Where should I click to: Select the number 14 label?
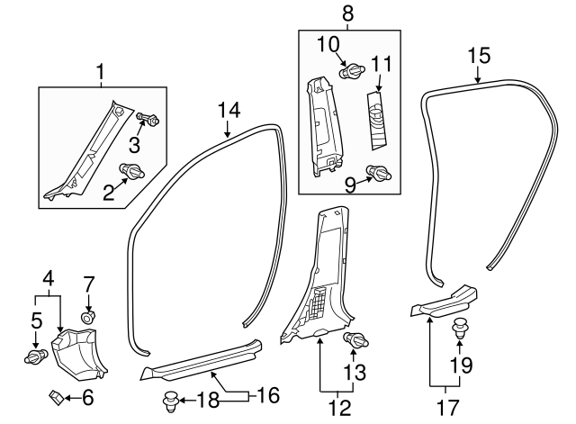(x=229, y=111)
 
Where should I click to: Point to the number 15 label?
(x=478, y=56)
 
